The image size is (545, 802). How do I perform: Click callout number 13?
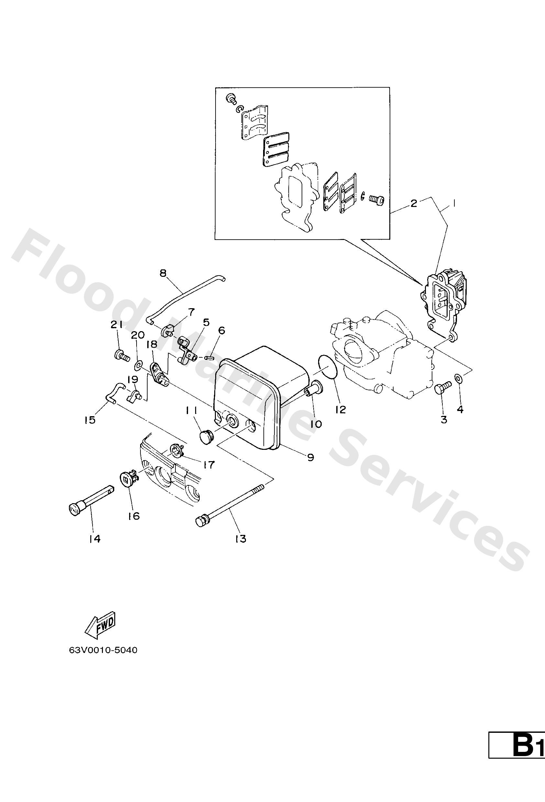pos(240,538)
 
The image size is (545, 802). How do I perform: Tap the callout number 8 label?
pos(163,273)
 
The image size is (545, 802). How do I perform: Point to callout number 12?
pos(340,409)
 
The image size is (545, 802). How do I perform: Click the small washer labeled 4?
pos(458,378)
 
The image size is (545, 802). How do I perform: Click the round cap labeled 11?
pos(206,437)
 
